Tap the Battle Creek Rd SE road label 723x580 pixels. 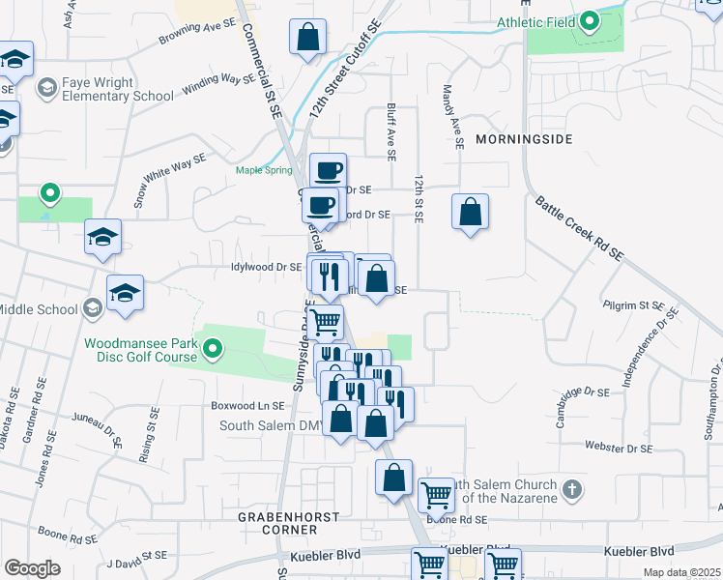pyautogui.click(x=581, y=228)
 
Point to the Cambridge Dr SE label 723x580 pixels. pyautogui.click(x=575, y=393)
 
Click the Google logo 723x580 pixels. pyautogui.click(x=32, y=568)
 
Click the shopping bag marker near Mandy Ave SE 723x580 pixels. pyautogui.click(x=469, y=212)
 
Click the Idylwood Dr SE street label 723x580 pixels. pyautogui.click(x=267, y=267)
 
